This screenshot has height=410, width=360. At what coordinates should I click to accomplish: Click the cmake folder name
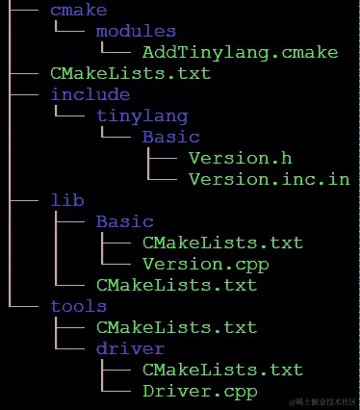coord(78,10)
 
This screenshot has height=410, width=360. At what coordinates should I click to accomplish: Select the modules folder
coord(136,31)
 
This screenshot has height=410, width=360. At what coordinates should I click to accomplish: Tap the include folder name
coord(90,94)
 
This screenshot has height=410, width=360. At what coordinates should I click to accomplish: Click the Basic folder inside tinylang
coord(170,137)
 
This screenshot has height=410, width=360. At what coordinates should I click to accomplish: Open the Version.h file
coord(240,158)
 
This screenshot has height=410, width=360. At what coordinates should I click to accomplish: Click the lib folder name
coord(66,200)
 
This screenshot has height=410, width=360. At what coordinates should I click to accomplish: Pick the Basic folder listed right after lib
coord(124,221)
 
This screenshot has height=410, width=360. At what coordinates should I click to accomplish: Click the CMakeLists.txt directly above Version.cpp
coord(222,243)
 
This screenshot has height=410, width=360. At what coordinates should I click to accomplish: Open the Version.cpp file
coord(205,264)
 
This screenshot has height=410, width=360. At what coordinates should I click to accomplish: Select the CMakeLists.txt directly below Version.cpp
coord(176,285)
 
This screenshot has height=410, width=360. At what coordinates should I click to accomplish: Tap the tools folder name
coord(78,306)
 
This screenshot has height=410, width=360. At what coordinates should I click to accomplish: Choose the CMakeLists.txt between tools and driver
coord(176,327)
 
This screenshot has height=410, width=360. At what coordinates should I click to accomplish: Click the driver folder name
coord(130,348)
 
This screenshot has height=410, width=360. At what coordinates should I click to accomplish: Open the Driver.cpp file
coord(199,391)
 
